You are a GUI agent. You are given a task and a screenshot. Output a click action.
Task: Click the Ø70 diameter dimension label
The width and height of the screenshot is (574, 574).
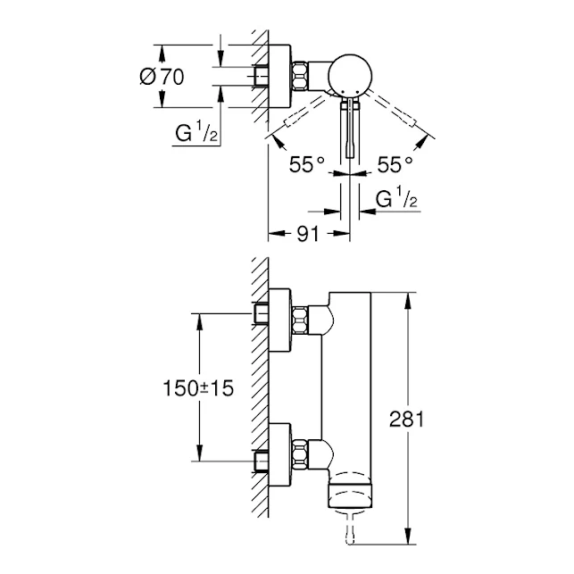(161, 77)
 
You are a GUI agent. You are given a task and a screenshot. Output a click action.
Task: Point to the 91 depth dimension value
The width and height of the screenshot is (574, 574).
(308, 237)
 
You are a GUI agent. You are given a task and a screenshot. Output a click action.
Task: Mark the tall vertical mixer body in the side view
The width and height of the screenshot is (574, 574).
(351, 384)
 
